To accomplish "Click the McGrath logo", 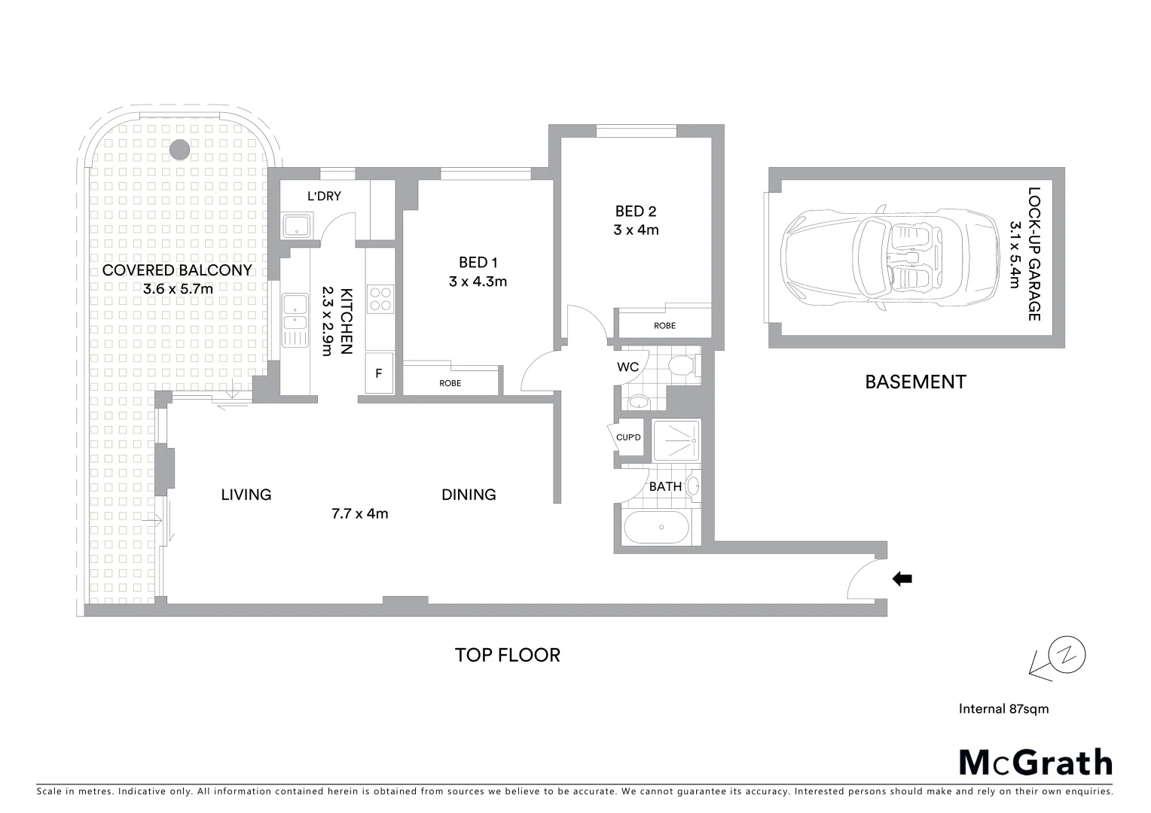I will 1035,762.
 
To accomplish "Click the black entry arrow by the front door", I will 902,579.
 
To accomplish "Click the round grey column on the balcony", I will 179,149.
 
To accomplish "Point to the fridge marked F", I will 379,373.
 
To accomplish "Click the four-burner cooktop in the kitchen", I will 380,298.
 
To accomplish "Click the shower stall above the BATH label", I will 676,440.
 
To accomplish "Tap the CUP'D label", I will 628,437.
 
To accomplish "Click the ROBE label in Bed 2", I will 664,326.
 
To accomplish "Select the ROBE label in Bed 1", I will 450,383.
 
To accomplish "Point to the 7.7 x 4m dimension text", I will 359,513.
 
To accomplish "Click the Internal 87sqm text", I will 1003,708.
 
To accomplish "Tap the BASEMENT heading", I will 915,382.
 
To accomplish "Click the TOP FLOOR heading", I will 507,655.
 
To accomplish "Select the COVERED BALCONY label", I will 177,270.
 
